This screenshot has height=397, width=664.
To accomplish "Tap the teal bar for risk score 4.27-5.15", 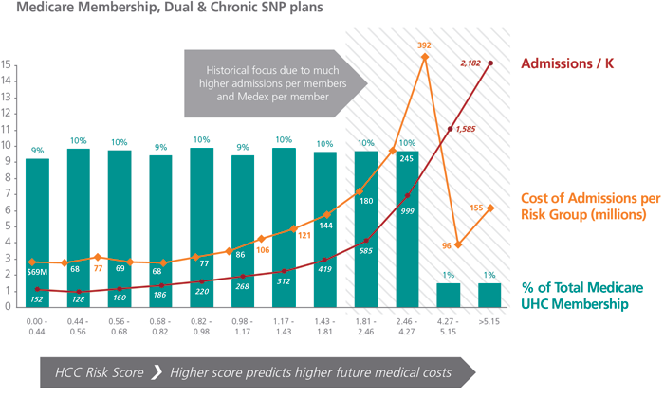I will click(x=450, y=294).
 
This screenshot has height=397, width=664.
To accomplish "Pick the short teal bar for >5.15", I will click(x=489, y=294).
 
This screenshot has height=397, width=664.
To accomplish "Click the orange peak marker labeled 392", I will click(x=424, y=57).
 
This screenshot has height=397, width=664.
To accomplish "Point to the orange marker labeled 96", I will click(x=458, y=244).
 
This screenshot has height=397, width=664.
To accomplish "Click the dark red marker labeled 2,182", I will click(x=489, y=63).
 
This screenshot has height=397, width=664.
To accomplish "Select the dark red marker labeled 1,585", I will click(x=451, y=129).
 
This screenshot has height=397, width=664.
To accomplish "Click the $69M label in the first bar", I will click(x=37, y=274).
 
